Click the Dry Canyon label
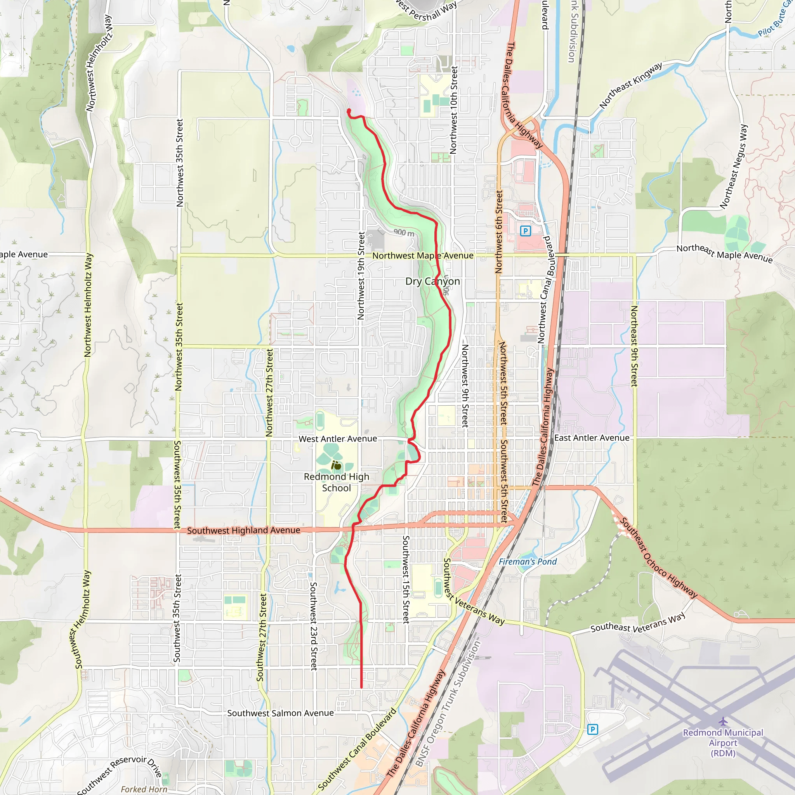tap(432, 281)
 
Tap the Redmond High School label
tap(336, 482)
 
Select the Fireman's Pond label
tap(528, 562)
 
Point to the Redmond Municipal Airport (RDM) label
tap(723, 743)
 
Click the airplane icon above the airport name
tap(723, 721)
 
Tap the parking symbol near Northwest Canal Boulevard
tap(525, 231)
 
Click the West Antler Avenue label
tap(337, 439)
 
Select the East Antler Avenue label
tap(592, 438)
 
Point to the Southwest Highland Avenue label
tap(244, 530)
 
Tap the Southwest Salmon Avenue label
tap(280, 713)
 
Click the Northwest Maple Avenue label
tap(423, 255)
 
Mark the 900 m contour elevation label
tap(404, 233)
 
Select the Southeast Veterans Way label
tap(638, 623)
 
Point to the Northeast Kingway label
tap(630, 85)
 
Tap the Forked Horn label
tap(144, 789)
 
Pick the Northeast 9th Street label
tap(634, 345)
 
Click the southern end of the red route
tap(361, 687)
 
